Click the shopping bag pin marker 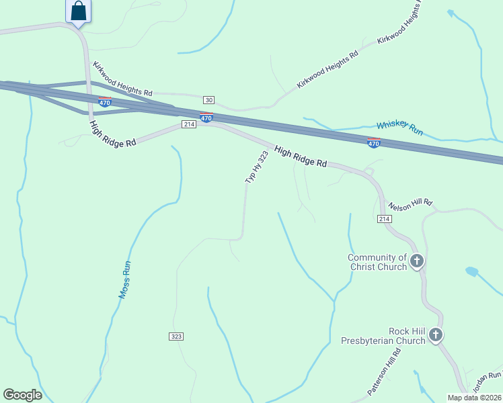tap(79, 11)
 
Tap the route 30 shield tap(209, 99)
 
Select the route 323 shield tap(177, 336)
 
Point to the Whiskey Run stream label tap(399, 128)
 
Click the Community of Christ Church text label tap(377, 262)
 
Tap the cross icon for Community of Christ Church tap(417, 260)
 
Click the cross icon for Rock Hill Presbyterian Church tap(436, 334)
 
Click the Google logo tap(22, 395)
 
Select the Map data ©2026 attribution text tap(474, 398)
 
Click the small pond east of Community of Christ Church tap(471, 271)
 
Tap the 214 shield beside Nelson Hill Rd tap(384, 219)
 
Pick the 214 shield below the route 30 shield tap(188, 124)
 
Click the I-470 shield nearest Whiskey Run tap(374, 143)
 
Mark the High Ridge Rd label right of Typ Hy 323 tap(301, 159)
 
